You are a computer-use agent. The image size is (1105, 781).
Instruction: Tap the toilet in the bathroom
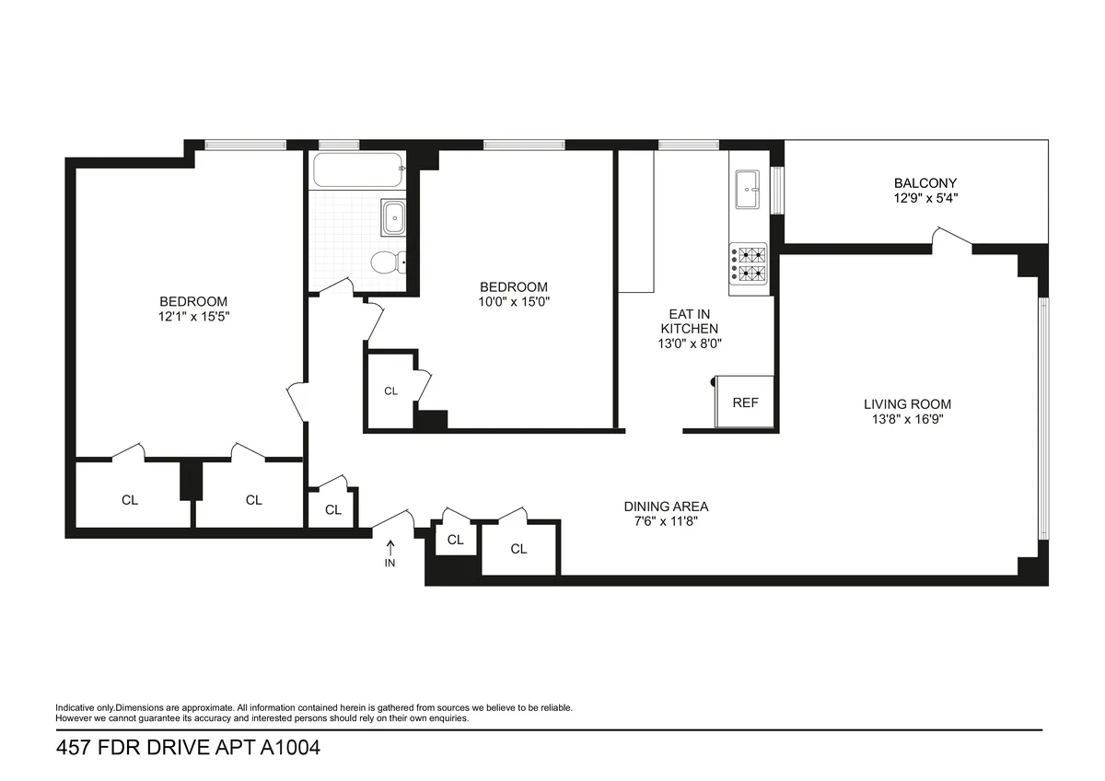[x=387, y=263]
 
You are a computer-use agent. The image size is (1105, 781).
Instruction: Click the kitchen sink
[x=748, y=192]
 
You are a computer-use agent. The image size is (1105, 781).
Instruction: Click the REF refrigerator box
[x=745, y=402]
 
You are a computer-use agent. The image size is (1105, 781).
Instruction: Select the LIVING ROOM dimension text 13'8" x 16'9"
[x=907, y=418]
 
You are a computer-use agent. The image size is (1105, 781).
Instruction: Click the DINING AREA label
[x=666, y=507]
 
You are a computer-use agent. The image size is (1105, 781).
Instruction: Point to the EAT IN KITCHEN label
[x=688, y=321]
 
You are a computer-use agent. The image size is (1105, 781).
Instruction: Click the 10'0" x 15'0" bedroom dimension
[x=514, y=301]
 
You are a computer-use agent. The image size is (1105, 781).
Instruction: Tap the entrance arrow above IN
[x=390, y=546]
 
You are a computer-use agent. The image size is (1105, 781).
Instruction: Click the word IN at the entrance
[x=390, y=563]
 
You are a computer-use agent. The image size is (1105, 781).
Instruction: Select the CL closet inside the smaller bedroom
[x=390, y=391]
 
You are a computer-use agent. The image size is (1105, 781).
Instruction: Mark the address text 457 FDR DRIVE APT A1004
[x=188, y=749]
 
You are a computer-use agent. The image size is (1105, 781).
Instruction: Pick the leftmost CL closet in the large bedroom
[x=129, y=500]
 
